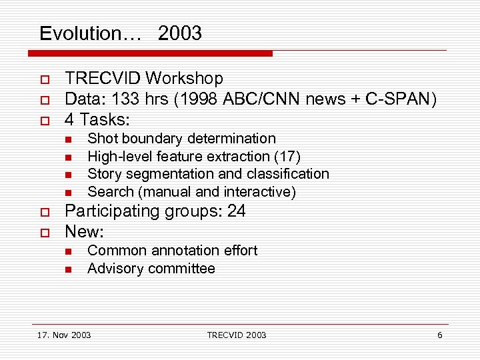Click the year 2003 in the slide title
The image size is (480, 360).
click(180, 33)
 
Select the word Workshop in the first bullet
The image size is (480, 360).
click(184, 79)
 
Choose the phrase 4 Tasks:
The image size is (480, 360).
click(97, 121)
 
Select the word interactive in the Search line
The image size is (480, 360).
click(257, 192)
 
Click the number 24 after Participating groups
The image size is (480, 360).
click(236, 212)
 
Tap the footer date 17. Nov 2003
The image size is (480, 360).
click(64, 335)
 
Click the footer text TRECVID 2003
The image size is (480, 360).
click(236, 335)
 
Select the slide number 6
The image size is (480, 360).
click(439, 335)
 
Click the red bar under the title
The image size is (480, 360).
click(153, 53)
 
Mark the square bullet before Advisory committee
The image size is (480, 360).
click(68, 269)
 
